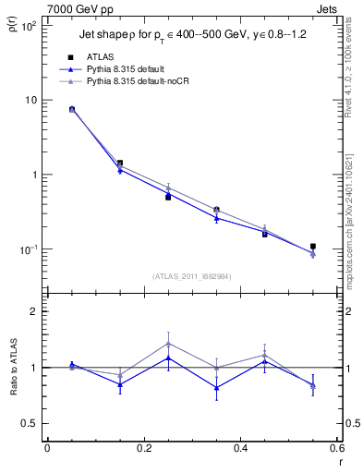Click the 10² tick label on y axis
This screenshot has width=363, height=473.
pos(29,26)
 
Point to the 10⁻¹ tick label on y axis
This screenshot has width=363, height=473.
pos(28,249)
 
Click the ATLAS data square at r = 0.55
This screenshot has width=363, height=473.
pos(313,247)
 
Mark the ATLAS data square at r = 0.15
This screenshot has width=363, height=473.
pos(120,163)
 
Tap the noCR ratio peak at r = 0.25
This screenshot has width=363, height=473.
pos(168,343)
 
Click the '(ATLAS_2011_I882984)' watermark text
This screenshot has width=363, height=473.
pos(193,276)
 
